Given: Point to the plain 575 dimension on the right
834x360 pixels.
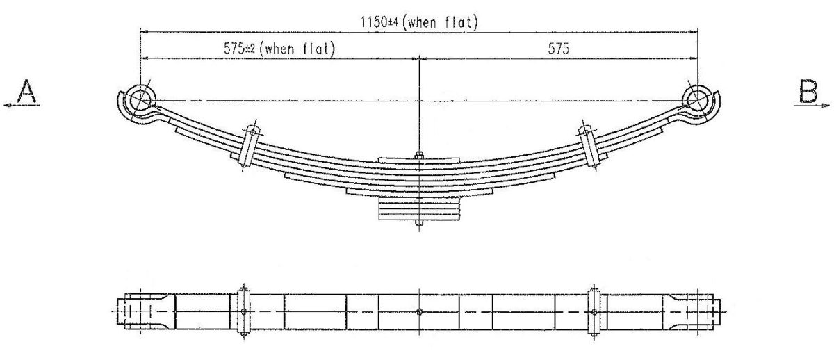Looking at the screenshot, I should tap(558, 49).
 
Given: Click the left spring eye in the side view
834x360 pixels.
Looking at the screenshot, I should tap(140, 98).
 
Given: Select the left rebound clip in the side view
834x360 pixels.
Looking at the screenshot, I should tap(249, 145).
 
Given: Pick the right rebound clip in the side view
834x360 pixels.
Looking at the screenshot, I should tap(589, 145).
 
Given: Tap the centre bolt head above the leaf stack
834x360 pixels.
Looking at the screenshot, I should tap(419, 156).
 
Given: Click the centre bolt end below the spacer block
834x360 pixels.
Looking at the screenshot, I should tap(419, 224).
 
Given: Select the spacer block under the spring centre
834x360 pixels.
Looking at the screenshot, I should tap(419, 208).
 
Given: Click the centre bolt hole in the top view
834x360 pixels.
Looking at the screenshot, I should tap(419, 311).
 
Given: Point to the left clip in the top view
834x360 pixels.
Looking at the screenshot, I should tap(243, 311).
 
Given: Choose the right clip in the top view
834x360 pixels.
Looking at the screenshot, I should tap(594, 311).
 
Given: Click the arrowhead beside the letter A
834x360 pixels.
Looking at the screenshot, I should tap(7, 105).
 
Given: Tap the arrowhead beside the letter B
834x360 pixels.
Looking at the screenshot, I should tap(826, 105).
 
